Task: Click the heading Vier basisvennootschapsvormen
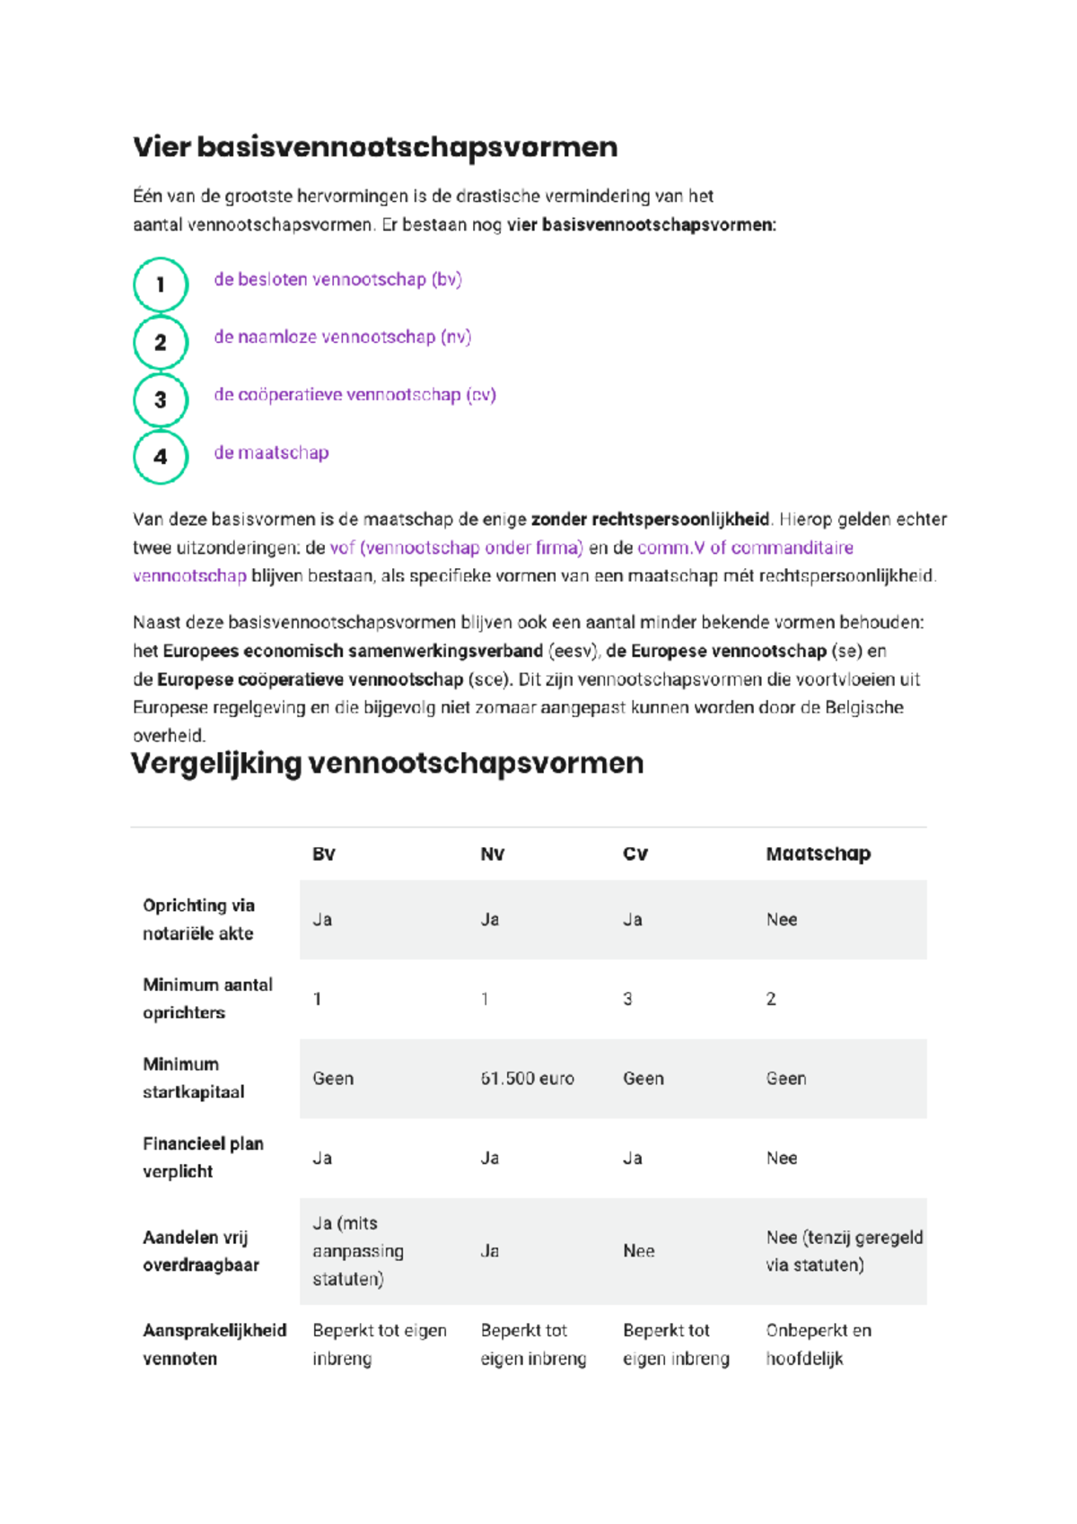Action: pos(375,147)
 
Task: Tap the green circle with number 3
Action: pos(161,399)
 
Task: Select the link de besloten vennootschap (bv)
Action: pos(337,279)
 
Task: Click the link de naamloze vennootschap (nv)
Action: pos(342,337)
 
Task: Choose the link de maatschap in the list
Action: pos(271,452)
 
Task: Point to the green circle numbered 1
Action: pos(161,285)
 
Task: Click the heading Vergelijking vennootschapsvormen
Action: pos(388,763)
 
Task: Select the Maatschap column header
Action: pos(818,854)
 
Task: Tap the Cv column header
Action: pos(635,854)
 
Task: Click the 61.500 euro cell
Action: pos(527,1078)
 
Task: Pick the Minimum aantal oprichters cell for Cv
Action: pos(628,999)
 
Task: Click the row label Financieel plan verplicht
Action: pos(203,1157)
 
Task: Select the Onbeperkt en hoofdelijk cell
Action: pos(818,1344)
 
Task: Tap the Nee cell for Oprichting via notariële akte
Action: pos(782,919)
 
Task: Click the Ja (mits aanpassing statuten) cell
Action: pos(357,1250)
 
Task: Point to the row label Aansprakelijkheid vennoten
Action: pos(214,1344)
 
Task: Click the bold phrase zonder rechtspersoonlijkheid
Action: pos(650,519)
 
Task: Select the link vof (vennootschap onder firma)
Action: pos(456,547)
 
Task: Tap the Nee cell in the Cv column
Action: pos(639,1250)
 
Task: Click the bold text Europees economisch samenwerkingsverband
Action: pos(353,651)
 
